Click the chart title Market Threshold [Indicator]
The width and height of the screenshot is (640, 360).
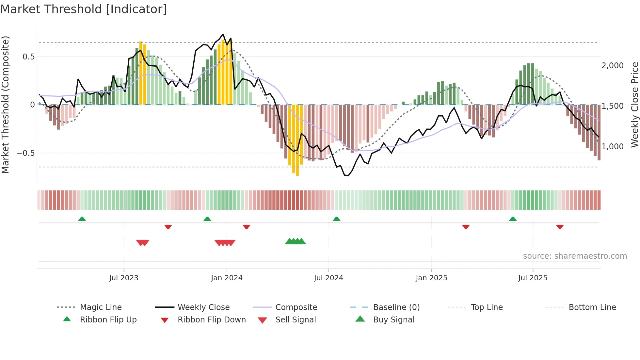[x=84, y=9]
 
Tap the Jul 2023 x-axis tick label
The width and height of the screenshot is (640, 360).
[x=124, y=278]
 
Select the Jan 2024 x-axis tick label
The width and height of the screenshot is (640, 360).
[x=227, y=278]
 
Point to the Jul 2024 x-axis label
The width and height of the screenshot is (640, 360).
[x=328, y=278]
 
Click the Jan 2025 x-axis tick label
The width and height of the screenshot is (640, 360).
[x=431, y=278]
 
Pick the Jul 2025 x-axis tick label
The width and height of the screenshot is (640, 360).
[x=533, y=278]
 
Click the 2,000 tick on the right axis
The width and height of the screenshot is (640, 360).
[x=612, y=66]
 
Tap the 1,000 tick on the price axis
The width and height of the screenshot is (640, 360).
[x=612, y=147]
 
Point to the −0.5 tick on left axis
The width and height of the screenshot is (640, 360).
[x=25, y=153]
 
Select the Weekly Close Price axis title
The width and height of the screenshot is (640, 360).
[x=634, y=105]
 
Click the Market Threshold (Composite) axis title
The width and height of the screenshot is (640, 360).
[x=5, y=105]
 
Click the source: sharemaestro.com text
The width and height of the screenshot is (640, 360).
[x=575, y=256]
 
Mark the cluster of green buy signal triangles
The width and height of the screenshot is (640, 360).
[x=295, y=241]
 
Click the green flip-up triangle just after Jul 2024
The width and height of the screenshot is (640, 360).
[x=336, y=219]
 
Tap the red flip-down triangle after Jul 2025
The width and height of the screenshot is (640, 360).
[x=560, y=227]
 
